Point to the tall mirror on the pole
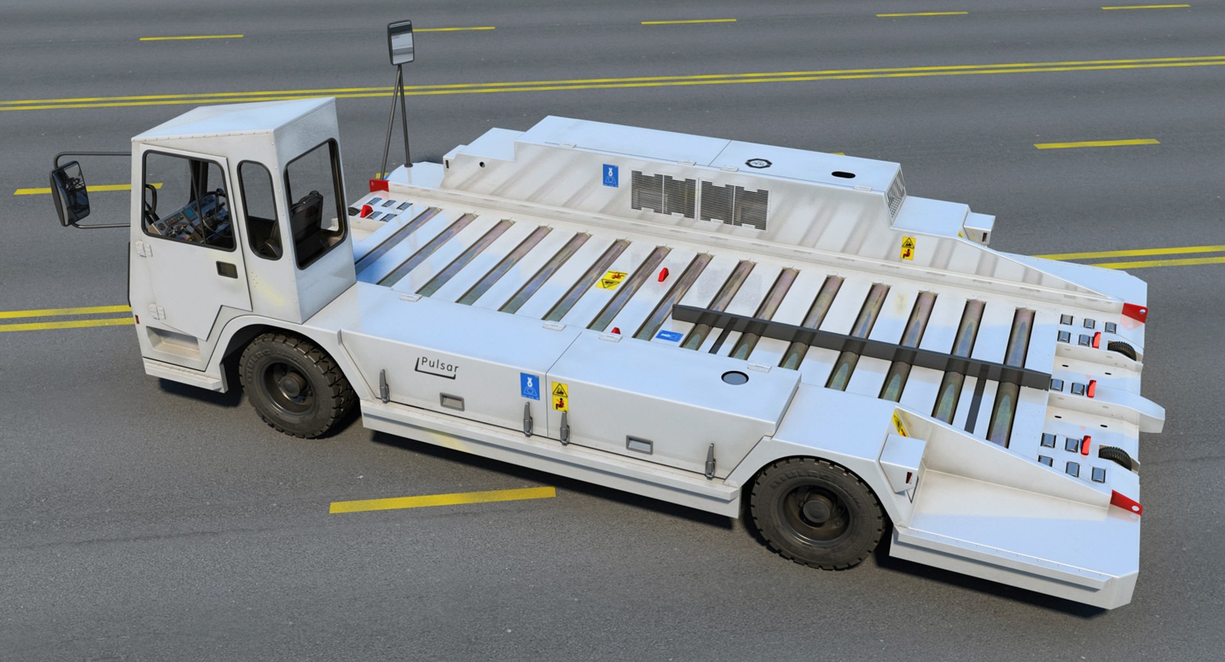click(401, 43)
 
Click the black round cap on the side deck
click(734, 378)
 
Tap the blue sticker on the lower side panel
click(530, 386)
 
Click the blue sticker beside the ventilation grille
click(610, 175)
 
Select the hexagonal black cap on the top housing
click(758, 163)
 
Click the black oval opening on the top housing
click(845, 174)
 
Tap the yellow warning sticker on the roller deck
click(611, 279)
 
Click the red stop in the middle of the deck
click(663, 274)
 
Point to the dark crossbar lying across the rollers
click(861, 344)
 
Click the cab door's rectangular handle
click(226, 269)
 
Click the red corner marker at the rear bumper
click(1125, 502)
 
